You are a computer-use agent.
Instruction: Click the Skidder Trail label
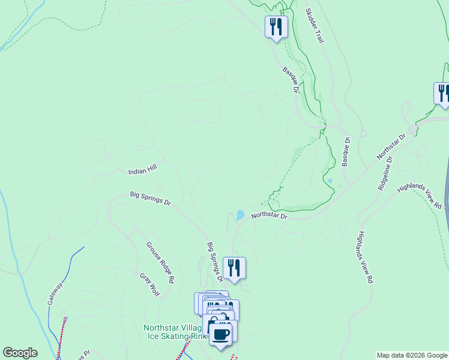click(x=315, y=25)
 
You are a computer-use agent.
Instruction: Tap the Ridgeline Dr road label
click(x=385, y=174)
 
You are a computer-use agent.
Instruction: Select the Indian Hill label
click(x=142, y=171)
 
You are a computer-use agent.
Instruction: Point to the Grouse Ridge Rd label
click(x=160, y=262)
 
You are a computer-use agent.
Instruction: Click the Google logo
click(x=20, y=353)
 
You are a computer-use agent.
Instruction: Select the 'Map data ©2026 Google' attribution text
click(x=412, y=355)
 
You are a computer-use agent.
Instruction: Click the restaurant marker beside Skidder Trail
click(x=276, y=27)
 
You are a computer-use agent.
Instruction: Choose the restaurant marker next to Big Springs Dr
click(x=234, y=268)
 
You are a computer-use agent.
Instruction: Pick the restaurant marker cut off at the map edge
click(x=442, y=94)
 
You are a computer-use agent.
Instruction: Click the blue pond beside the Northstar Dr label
click(x=240, y=214)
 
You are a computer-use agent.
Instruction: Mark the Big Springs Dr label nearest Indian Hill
click(x=150, y=198)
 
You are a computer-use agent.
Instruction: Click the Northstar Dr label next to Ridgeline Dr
click(x=391, y=146)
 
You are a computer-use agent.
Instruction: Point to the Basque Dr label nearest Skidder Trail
click(x=291, y=79)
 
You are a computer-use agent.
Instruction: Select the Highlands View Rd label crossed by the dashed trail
click(x=420, y=197)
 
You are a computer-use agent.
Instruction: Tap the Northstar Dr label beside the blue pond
click(x=270, y=215)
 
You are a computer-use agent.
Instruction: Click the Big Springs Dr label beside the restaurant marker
click(x=215, y=262)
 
